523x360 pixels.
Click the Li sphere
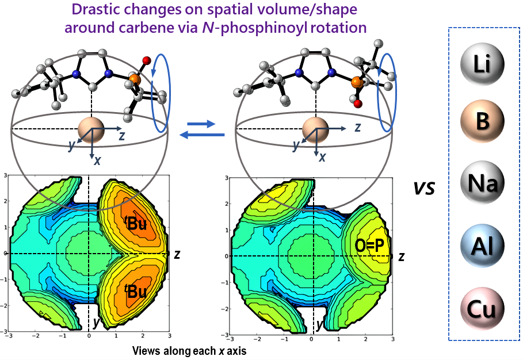click(483, 62)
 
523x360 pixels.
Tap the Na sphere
click(483, 184)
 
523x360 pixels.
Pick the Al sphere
click(483, 247)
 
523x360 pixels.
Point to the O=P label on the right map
click(369, 247)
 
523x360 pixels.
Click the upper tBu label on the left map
click(136, 224)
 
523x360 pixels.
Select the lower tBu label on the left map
click(136, 292)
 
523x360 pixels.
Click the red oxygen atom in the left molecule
click(146, 60)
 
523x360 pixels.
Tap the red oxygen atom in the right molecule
click(358, 104)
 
